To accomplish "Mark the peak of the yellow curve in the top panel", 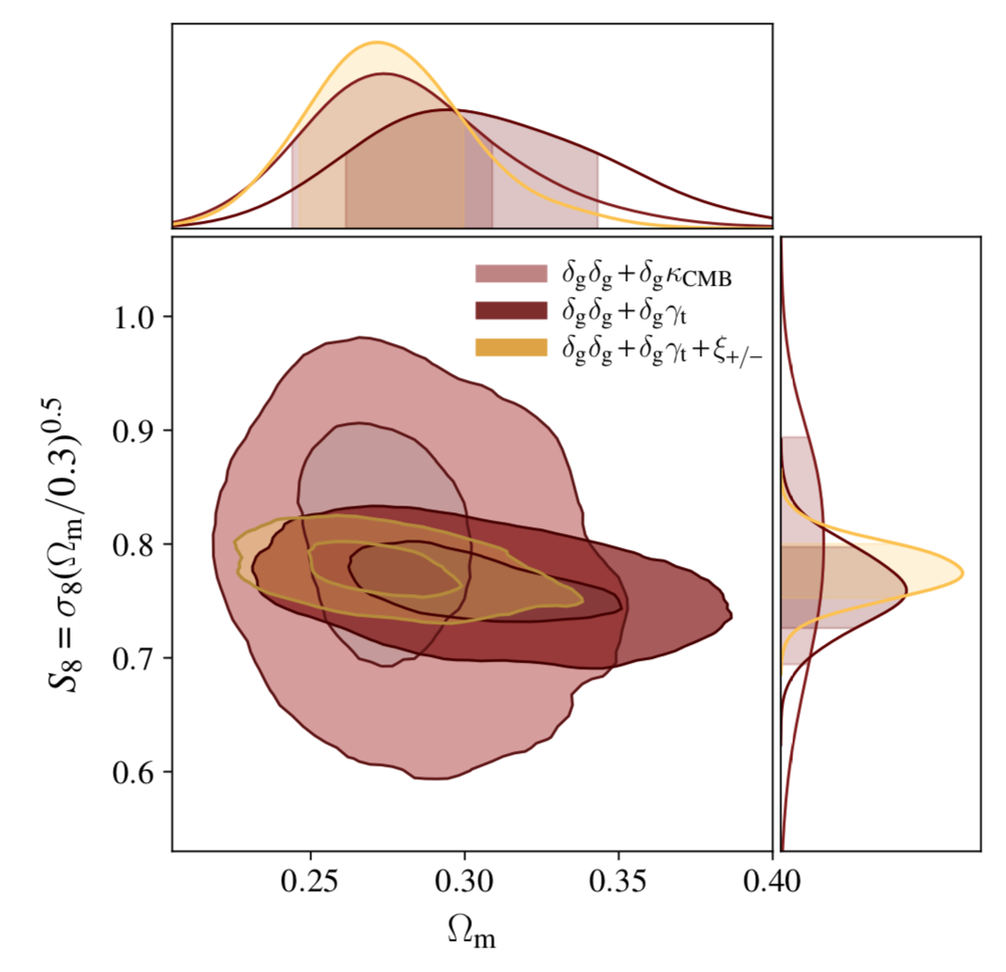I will [377, 42].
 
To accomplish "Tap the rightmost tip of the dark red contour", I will [732, 616].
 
